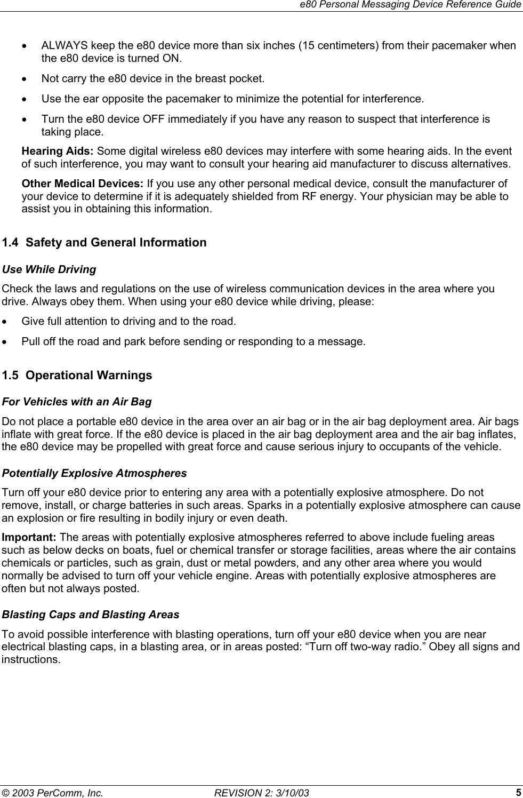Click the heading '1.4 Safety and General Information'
coord(104,243)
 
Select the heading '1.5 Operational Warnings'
coord(77,376)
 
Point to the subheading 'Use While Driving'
coord(50,270)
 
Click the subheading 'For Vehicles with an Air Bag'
coord(77,402)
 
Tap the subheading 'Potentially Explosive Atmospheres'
coord(95,474)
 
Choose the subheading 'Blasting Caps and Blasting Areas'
coord(91,615)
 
